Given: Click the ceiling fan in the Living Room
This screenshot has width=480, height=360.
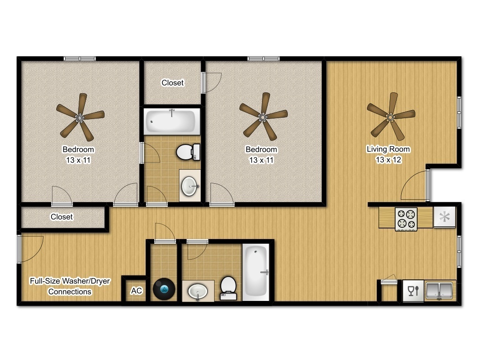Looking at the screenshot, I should pyautogui.click(x=390, y=116).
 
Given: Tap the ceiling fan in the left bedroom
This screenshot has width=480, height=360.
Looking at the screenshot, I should pyautogui.click(x=80, y=117).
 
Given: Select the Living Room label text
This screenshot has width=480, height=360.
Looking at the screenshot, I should pyautogui.click(x=388, y=150).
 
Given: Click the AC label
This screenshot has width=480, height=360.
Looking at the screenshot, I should pyautogui.click(x=136, y=291).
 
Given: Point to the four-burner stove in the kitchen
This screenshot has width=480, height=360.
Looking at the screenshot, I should pyautogui.click(x=406, y=219).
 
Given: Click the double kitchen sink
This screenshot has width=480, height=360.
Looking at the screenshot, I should pyautogui.click(x=439, y=290).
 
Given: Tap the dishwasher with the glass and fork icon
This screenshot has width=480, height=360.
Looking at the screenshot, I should pyautogui.click(x=413, y=291).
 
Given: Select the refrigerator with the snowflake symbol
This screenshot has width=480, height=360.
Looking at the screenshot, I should pyautogui.click(x=444, y=217).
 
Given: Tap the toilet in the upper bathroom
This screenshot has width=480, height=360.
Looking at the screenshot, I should pyautogui.click(x=188, y=151).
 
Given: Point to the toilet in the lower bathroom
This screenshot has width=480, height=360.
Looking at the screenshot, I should pyautogui.click(x=228, y=287).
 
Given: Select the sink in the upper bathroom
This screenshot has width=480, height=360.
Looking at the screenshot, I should pyautogui.click(x=190, y=186).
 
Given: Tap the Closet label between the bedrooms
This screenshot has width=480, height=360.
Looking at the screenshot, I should pyautogui.click(x=172, y=83).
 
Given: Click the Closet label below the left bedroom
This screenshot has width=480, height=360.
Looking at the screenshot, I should pyautogui.click(x=61, y=217).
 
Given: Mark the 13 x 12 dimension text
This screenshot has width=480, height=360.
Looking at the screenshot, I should pyautogui.click(x=388, y=160).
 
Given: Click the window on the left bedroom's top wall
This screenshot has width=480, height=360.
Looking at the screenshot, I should pyautogui.click(x=80, y=59).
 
